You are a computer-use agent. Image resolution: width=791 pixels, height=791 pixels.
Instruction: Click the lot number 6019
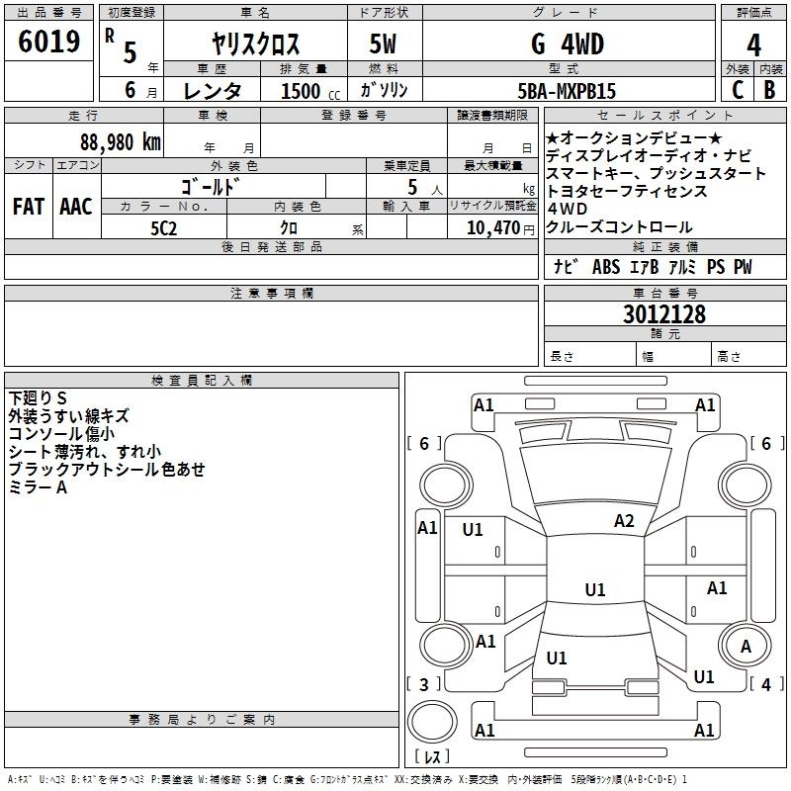(48, 42)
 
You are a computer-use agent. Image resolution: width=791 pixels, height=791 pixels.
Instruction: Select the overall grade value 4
(753, 45)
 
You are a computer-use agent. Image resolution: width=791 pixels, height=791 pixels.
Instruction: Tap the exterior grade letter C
(738, 90)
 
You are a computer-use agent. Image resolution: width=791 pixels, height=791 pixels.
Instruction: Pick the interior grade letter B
(769, 90)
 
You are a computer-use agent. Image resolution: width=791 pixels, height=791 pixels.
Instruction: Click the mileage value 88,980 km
(121, 142)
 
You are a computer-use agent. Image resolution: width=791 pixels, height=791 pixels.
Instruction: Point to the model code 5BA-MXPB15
(567, 91)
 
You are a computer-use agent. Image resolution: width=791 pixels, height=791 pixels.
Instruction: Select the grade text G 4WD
(568, 44)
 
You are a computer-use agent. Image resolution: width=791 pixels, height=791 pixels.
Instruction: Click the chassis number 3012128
(663, 313)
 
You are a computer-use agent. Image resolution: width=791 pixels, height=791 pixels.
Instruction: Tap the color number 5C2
(164, 228)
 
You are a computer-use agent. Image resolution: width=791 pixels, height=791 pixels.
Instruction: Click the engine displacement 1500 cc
(310, 91)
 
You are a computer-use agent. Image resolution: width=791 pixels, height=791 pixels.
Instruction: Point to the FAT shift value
(29, 207)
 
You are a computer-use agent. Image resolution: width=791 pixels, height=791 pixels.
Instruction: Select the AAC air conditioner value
(76, 207)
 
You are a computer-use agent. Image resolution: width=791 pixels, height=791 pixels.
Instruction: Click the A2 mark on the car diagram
(624, 521)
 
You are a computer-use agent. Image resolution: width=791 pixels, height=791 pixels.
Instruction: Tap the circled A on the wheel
(746, 647)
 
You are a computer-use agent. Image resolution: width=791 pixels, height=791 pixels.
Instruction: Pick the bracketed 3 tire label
(424, 684)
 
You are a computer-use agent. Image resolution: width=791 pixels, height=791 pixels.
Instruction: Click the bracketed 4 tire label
(766, 684)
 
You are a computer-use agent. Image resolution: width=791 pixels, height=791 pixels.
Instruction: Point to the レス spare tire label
(432, 756)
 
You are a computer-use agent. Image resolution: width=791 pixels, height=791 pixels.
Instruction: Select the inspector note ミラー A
(38, 487)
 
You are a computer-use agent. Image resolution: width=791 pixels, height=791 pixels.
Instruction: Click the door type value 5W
(383, 44)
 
